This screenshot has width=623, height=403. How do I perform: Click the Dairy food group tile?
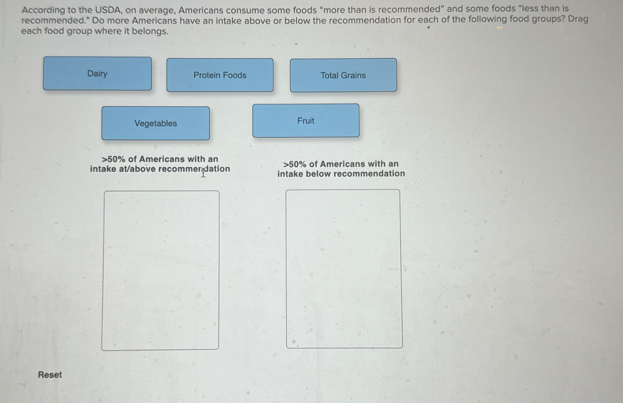pos(97,74)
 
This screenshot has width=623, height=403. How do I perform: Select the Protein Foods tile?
pos(220,75)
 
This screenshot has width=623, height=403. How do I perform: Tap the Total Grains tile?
pos(343,75)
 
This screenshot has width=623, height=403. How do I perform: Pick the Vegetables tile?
pos(156,123)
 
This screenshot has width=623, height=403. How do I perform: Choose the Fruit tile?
pos(306,121)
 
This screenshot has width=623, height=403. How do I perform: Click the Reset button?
pos(50,375)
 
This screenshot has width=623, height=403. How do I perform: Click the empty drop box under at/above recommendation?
pos(161,270)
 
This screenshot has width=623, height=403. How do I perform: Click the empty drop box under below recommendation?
pos(344,269)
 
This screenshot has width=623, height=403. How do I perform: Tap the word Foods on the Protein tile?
pos(235,75)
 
